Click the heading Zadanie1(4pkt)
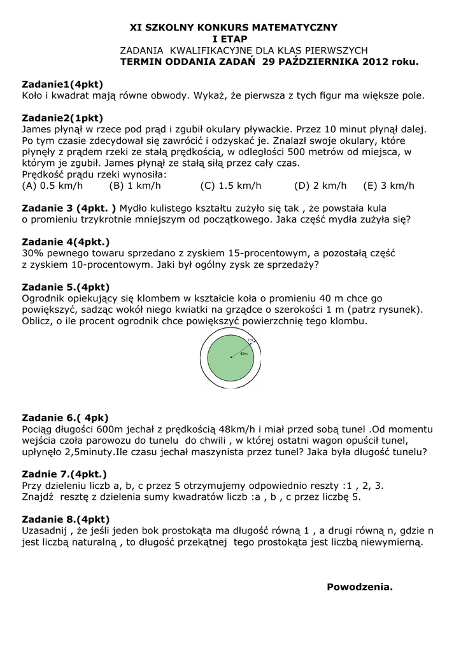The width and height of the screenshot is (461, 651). (62, 84)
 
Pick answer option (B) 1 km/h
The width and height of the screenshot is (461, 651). (135, 186)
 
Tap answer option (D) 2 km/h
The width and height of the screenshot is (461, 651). (320, 186)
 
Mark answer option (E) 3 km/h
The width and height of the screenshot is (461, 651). (388, 186)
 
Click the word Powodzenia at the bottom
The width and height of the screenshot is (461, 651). (360, 586)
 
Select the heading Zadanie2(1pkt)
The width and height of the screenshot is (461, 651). (62, 118)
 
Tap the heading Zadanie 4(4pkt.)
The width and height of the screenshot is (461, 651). (66, 242)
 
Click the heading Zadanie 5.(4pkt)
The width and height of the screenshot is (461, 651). (66, 287)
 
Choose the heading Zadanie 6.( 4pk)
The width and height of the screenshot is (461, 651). (65, 417)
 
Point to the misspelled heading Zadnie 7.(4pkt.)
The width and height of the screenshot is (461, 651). (64, 474)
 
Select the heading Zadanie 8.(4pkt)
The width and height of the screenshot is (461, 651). (66, 519)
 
